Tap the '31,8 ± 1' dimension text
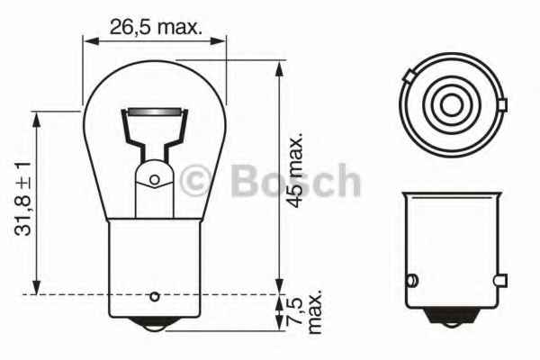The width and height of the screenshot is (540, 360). (x=23, y=199)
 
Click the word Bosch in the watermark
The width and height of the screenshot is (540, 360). (x=296, y=183)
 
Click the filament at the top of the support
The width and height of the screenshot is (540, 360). (x=154, y=112)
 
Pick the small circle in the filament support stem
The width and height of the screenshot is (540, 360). (x=154, y=180)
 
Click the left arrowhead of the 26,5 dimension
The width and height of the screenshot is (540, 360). (x=87, y=40)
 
